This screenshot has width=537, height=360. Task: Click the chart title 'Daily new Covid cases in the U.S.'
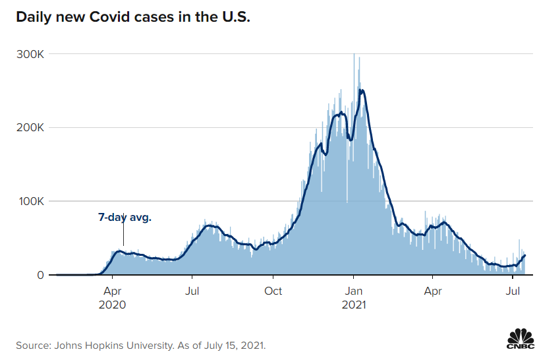coord(133,16)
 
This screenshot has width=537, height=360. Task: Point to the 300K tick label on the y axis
coord(30,54)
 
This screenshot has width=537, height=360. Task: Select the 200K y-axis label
coord(30,127)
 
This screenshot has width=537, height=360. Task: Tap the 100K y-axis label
coord(31,201)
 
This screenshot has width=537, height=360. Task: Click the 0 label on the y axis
coord(40,275)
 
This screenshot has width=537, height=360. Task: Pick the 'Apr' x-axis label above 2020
coord(112,291)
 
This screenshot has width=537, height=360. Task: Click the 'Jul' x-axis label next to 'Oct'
coord(192,291)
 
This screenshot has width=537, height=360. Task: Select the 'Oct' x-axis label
coord(273,291)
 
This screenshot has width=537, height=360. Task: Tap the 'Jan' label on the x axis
coord(353,291)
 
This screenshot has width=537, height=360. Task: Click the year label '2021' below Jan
coord(354,305)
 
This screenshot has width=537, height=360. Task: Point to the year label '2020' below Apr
coord(112,305)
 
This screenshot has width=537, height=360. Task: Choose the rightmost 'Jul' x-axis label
coord(513,291)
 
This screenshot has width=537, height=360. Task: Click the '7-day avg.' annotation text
coord(125,218)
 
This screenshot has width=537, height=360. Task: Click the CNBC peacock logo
coord(521,339)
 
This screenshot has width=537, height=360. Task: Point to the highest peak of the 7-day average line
coord(360,90)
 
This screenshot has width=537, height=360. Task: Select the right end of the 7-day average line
coord(525,255)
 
